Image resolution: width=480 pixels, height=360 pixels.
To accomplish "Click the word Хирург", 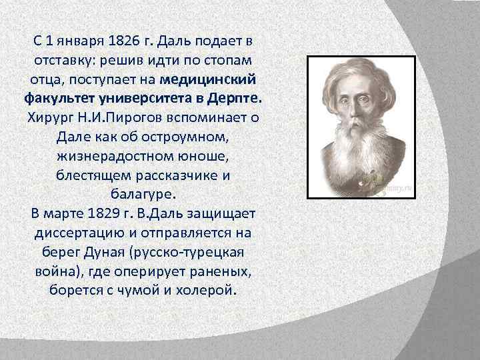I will [x=51, y=119].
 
